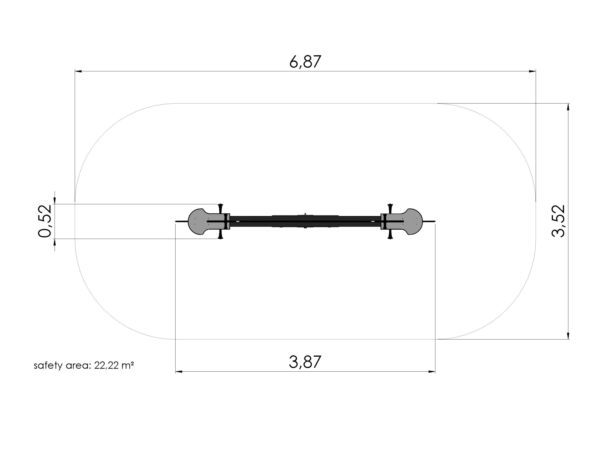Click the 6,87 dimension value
click(305, 62)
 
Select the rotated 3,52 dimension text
click(558, 221)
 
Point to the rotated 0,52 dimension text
click(44, 221)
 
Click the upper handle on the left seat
click(221, 208)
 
